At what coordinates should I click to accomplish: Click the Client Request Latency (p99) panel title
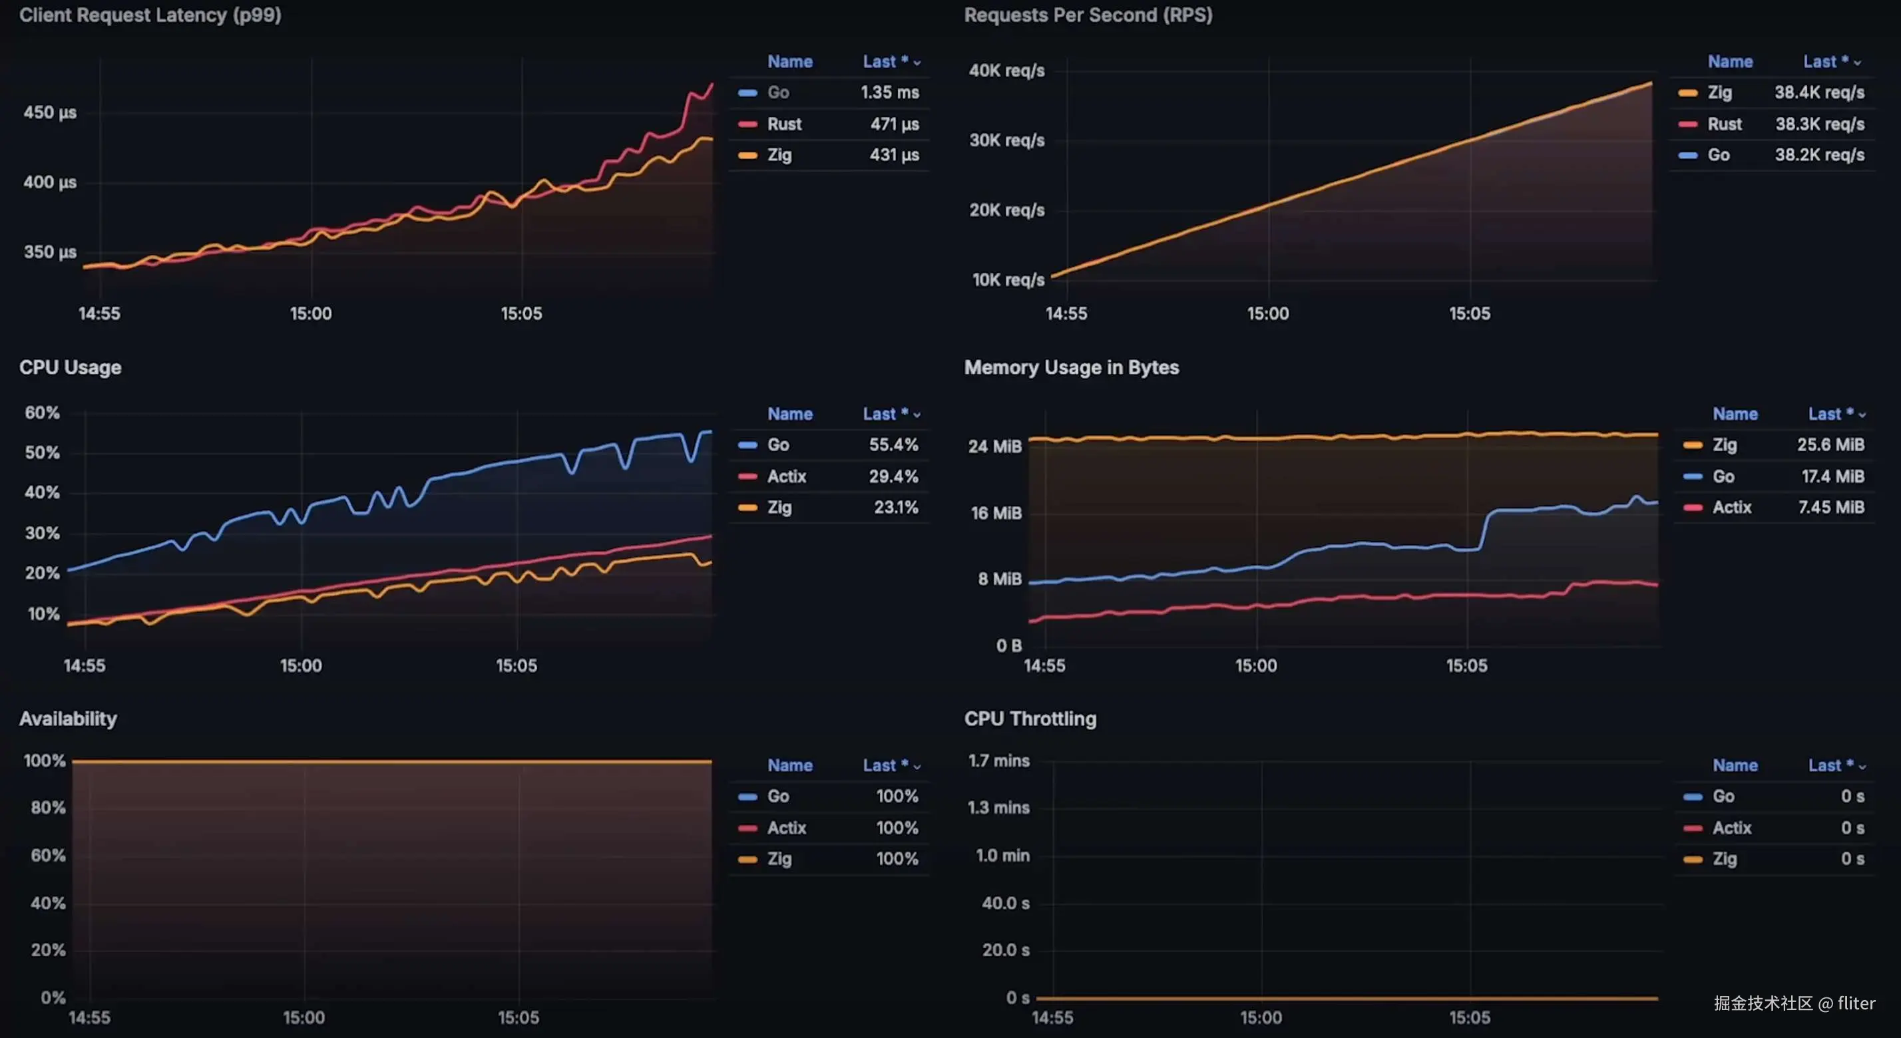[150, 15]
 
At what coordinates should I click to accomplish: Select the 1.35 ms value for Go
[889, 93]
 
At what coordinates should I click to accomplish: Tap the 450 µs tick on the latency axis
[49, 113]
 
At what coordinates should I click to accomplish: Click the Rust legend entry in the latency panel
[783, 124]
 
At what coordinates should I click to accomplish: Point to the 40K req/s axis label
[1006, 71]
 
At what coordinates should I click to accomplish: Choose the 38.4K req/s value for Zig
[1819, 93]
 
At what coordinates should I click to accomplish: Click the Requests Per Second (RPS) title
[1088, 15]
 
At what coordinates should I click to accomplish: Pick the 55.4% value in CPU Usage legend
[893, 445]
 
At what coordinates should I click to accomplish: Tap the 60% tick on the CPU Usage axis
[42, 413]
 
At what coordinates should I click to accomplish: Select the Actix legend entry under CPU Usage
[786, 476]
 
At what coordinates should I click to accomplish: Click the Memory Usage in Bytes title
[1071, 367]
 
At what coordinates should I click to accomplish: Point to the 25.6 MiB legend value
[1830, 445]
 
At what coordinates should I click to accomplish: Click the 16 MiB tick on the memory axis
[996, 513]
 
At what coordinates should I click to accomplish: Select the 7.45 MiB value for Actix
[1831, 508]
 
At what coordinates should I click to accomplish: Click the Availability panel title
[68, 719]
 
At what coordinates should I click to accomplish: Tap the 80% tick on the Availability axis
[48, 808]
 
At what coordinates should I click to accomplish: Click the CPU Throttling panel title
[1030, 719]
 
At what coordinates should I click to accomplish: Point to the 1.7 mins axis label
[998, 761]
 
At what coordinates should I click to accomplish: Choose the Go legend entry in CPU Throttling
[1723, 796]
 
